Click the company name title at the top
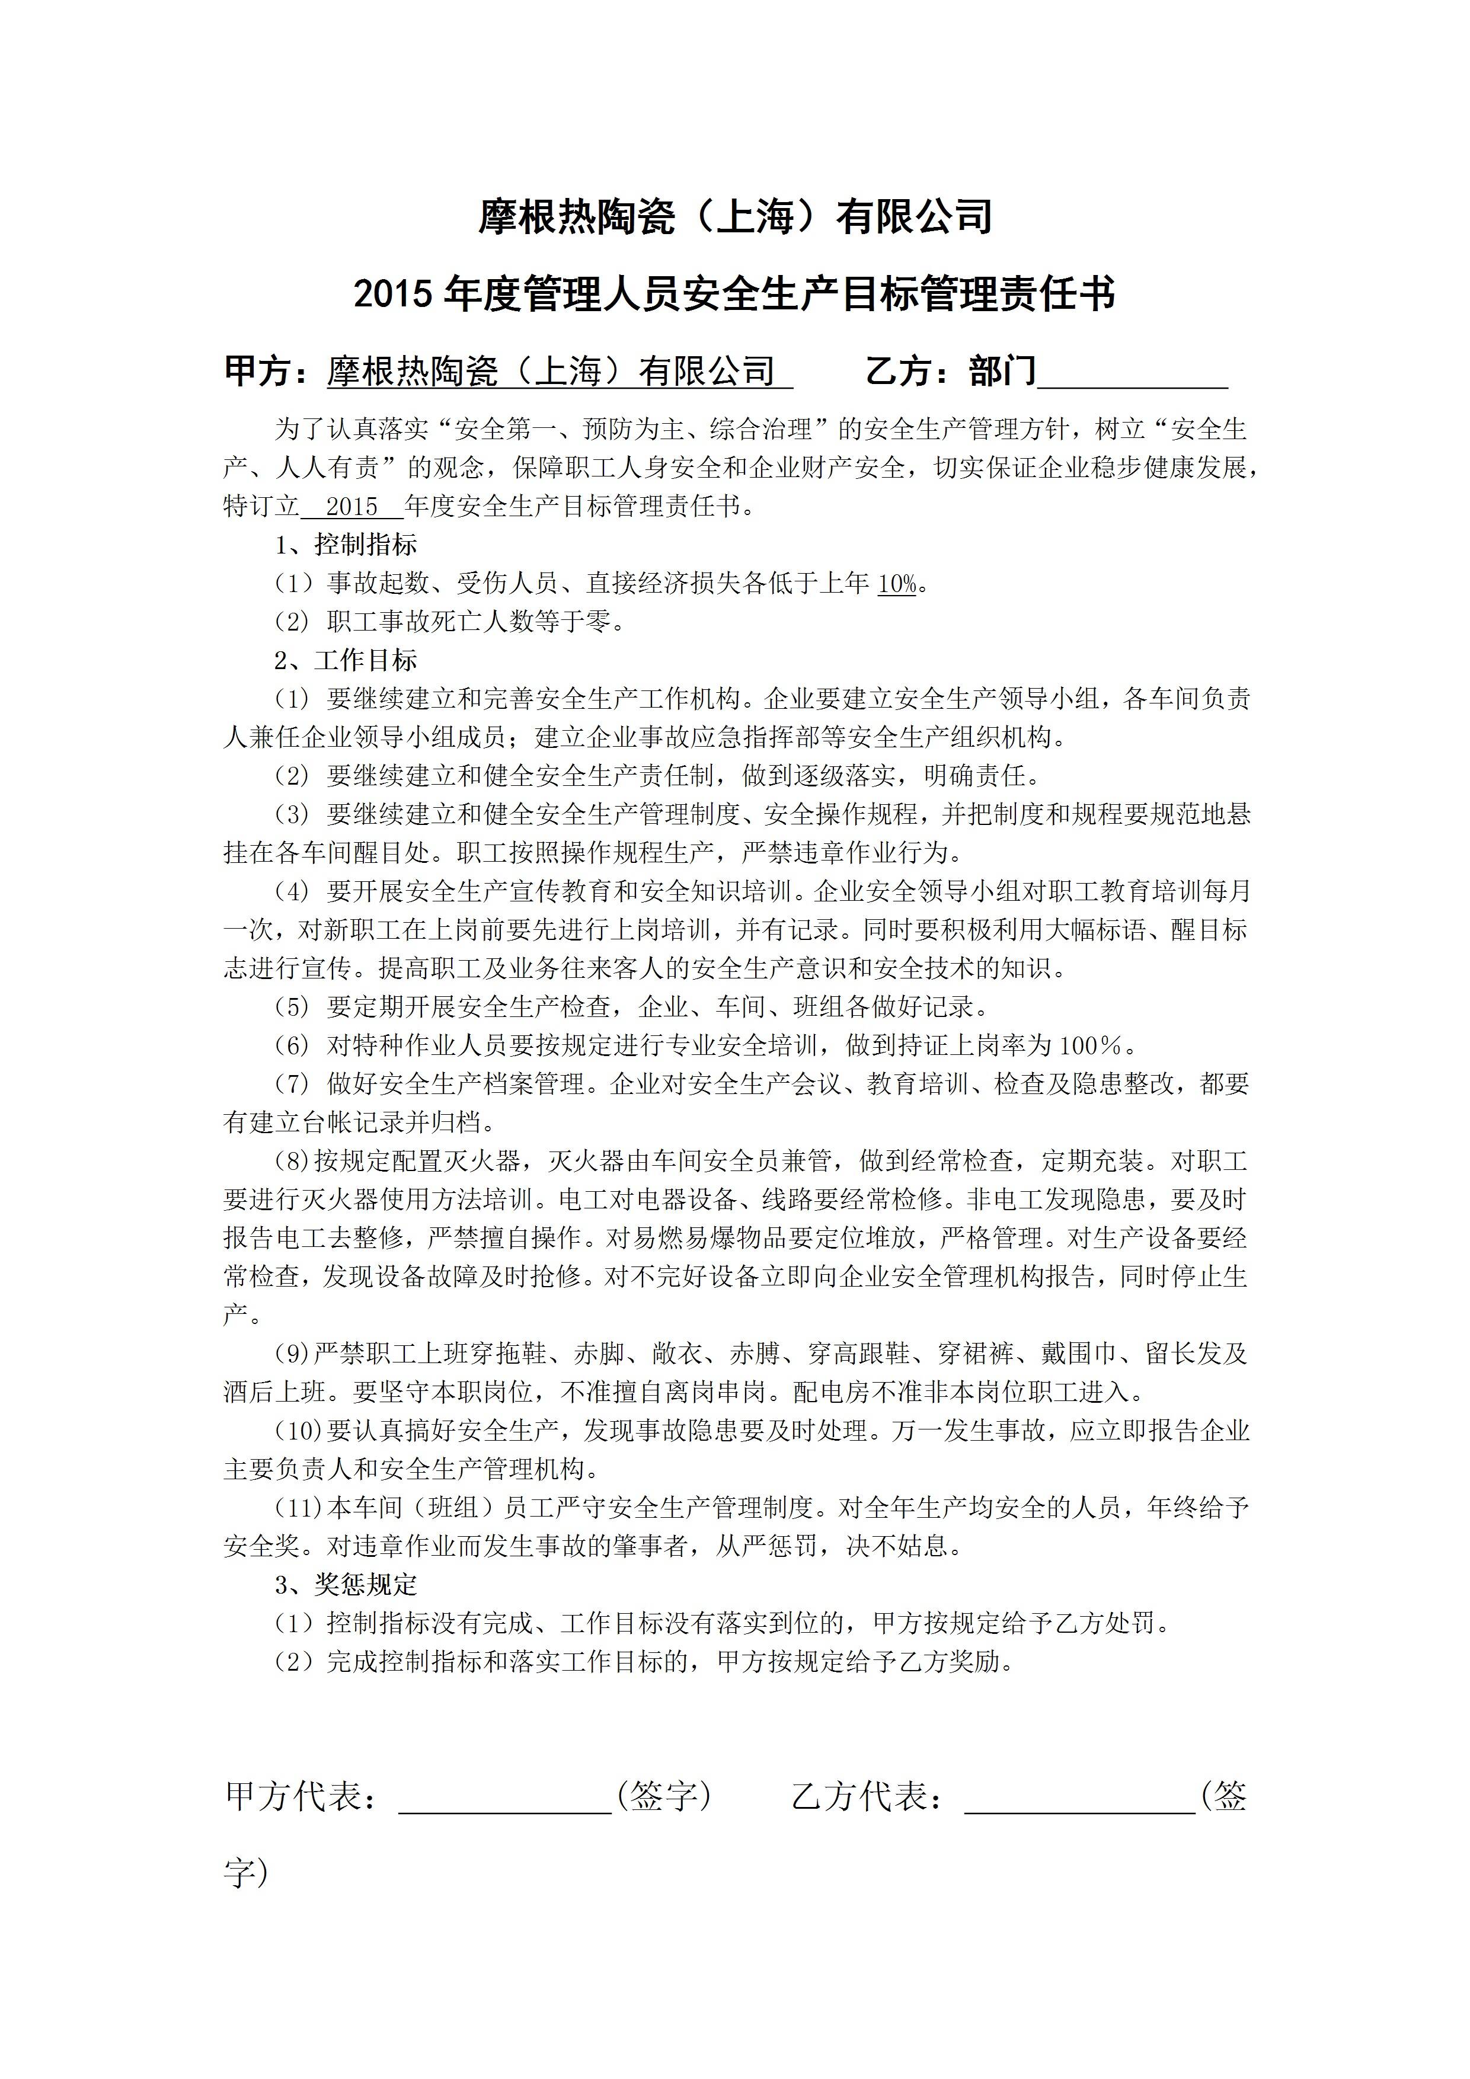click(734, 218)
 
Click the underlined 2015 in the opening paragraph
click(351, 506)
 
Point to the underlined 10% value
click(897, 584)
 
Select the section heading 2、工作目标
click(346, 660)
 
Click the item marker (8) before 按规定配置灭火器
click(293, 1161)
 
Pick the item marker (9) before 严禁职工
click(293, 1354)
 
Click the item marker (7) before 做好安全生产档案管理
click(293, 1084)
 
